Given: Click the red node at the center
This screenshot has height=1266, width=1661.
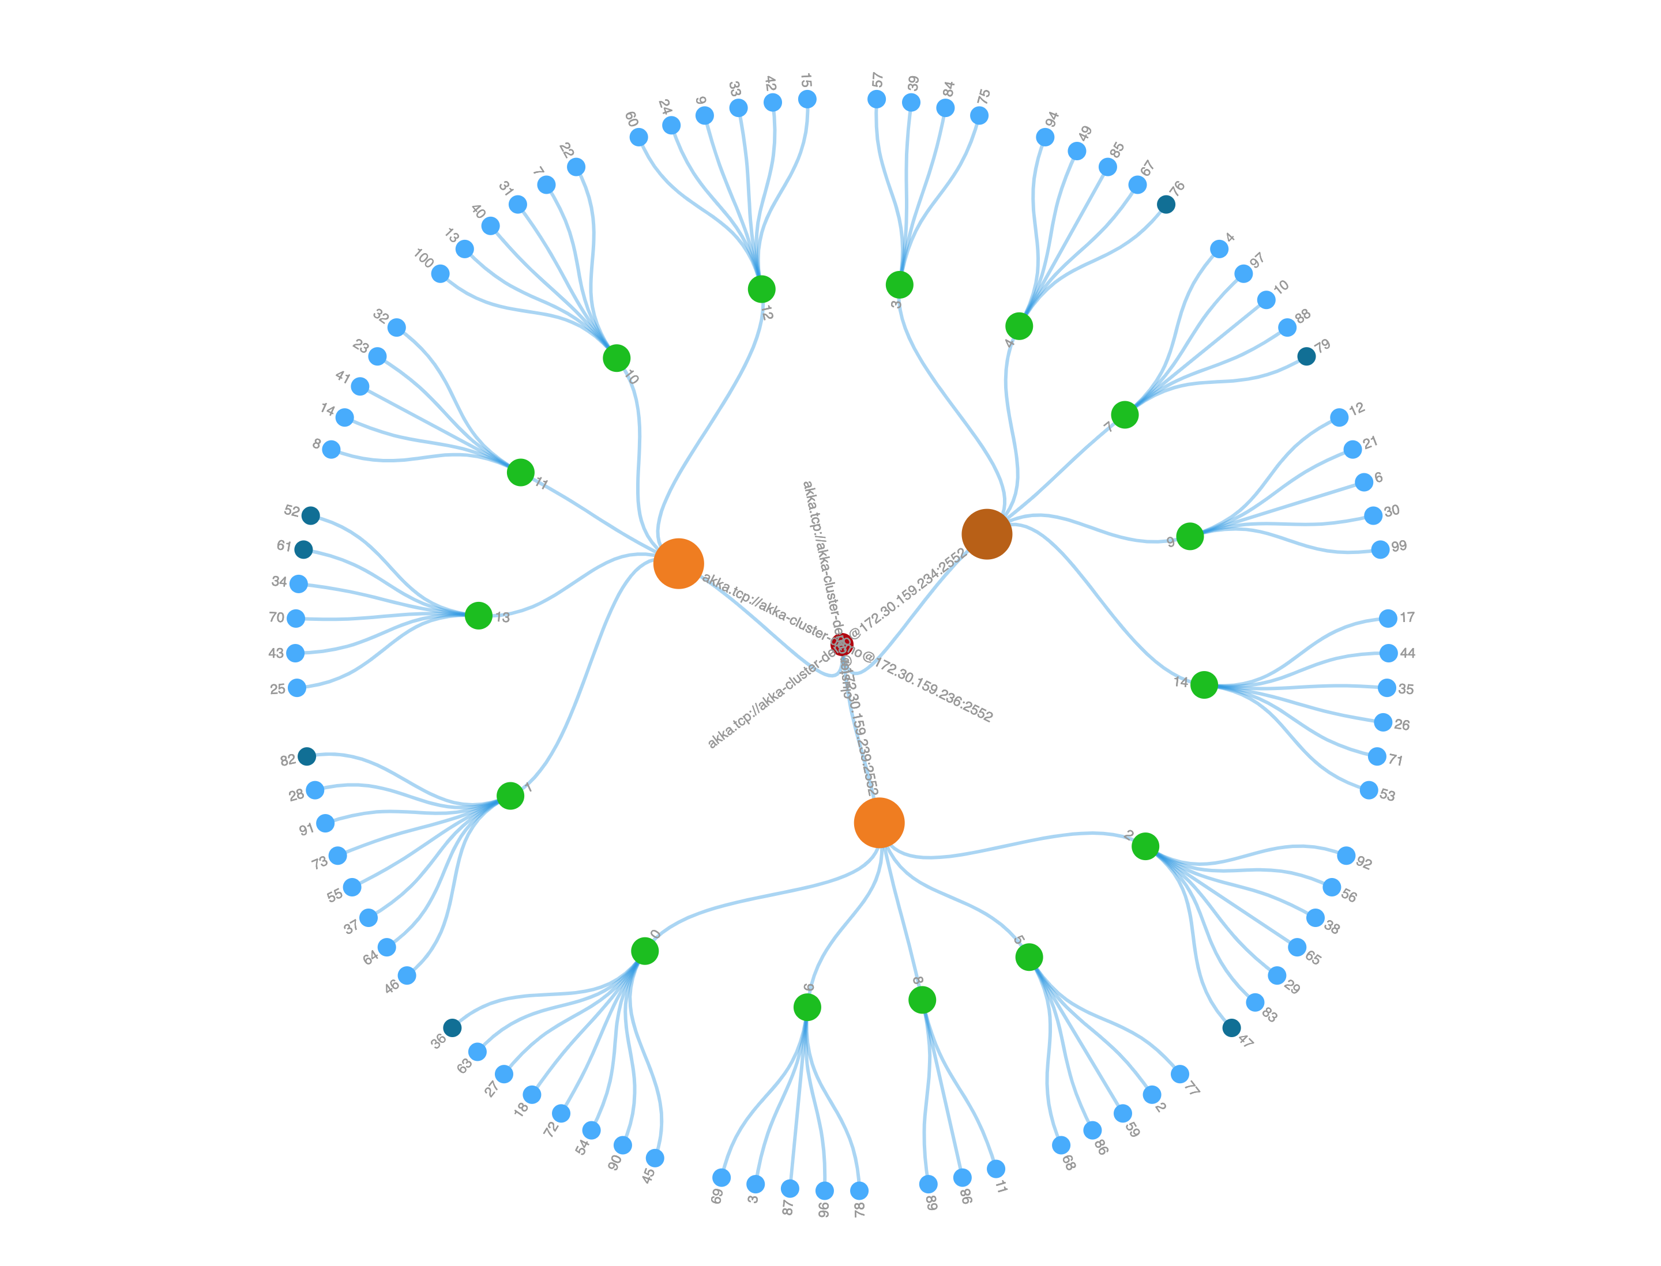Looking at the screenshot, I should [x=841, y=645].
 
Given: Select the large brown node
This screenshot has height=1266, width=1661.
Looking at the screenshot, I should [x=986, y=533].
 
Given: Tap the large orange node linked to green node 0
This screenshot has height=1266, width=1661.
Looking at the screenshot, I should [x=878, y=823].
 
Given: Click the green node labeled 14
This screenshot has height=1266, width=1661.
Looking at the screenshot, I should [x=1203, y=684].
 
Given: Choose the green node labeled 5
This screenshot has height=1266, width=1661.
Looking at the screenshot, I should [x=1028, y=957].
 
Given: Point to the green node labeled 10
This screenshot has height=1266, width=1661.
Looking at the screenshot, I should [x=616, y=358].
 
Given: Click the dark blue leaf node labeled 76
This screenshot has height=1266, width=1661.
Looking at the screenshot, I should [x=1166, y=204].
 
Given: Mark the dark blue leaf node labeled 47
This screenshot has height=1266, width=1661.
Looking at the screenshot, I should [x=1231, y=1028].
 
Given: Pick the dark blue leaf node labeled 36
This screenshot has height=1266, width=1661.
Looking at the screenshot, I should [x=452, y=1028].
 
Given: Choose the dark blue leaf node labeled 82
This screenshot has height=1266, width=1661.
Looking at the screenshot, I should [x=307, y=756].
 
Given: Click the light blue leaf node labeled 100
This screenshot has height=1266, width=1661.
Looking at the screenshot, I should [x=440, y=273].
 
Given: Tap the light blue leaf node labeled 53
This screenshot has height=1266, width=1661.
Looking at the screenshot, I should [x=1369, y=790].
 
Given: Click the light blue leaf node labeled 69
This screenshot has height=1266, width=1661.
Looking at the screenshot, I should [x=721, y=1177].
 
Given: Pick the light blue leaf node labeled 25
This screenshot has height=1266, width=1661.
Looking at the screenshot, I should [x=297, y=688].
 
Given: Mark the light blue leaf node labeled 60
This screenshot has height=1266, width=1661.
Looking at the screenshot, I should [x=638, y=137].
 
